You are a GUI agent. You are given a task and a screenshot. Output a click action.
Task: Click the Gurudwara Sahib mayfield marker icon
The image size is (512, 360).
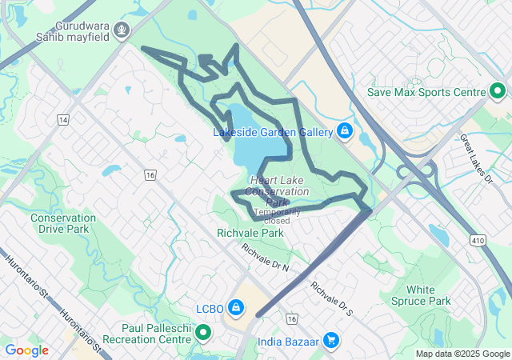point(122,31)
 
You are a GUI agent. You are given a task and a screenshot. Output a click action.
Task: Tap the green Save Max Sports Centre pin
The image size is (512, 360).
point(496,91)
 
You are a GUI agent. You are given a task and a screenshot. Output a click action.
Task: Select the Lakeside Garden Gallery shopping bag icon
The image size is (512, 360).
point(344,130)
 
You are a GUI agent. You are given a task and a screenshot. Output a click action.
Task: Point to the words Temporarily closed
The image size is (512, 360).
point(278,216)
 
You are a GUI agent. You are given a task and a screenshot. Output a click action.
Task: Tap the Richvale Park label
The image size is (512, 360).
point(250,234)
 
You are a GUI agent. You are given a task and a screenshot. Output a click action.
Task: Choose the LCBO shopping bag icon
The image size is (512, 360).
point(236,308)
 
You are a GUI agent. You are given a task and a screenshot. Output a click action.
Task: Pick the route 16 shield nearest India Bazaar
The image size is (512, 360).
point(291,319)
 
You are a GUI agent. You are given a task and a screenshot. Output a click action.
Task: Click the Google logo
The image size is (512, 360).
point(26,350)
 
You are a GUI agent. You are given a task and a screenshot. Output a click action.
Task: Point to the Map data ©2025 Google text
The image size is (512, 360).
point(462,354)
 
